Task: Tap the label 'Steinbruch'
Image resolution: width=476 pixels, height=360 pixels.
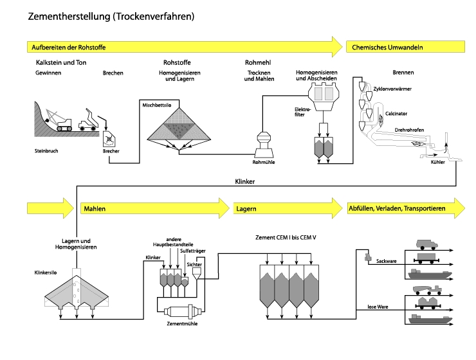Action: (46, 152)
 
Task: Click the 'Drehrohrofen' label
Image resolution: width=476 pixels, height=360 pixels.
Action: (409, 129)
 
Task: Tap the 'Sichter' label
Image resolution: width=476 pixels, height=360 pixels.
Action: (194, 263)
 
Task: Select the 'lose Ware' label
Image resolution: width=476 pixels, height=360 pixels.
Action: (381, 306)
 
